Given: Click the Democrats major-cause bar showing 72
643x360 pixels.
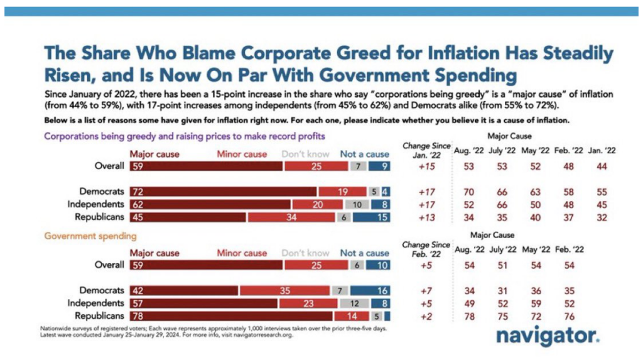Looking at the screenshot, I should point(224,191).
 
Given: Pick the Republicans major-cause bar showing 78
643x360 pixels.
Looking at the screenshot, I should point(231,315).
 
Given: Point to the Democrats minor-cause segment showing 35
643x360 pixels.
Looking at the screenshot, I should point(285,290).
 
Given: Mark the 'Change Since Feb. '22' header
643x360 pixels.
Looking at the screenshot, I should point(427,249).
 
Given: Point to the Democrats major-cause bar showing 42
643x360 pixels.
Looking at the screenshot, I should point(184,290).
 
